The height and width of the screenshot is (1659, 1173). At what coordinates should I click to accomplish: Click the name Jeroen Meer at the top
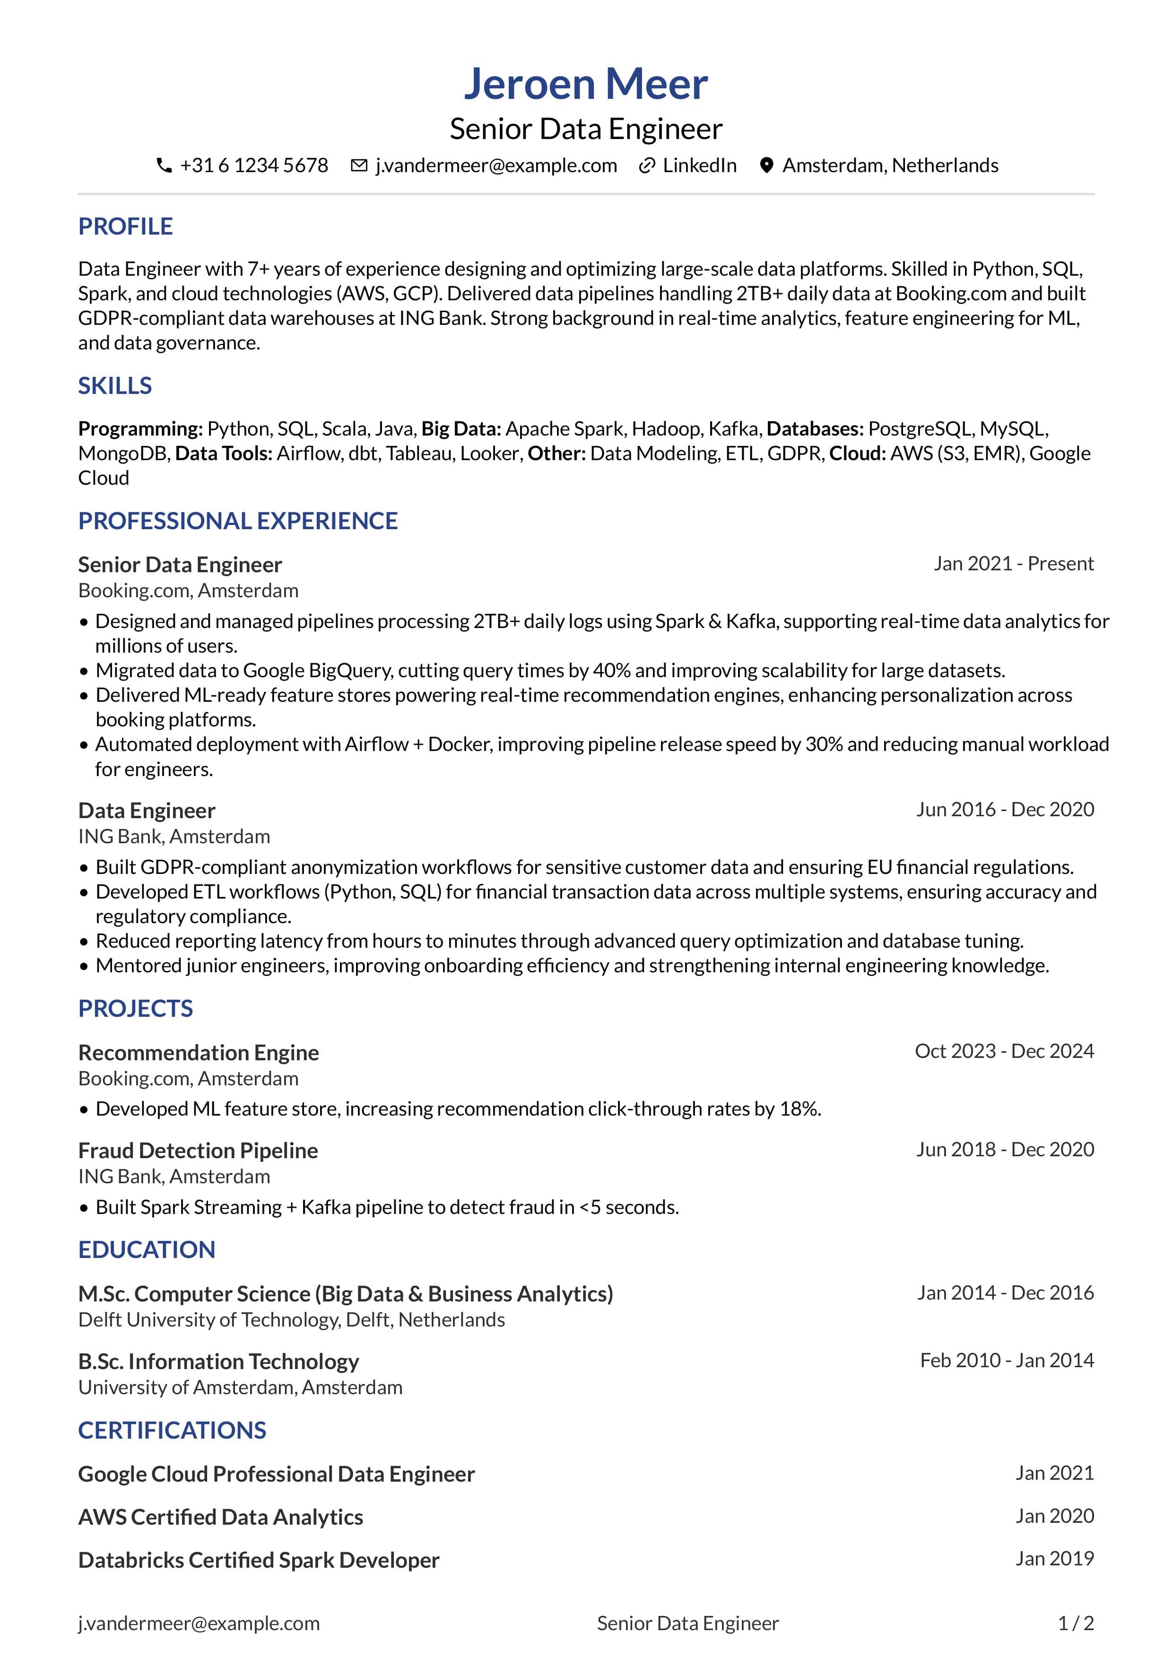click(586, 84)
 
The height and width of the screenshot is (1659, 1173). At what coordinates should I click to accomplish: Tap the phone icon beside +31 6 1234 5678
click(164, 166)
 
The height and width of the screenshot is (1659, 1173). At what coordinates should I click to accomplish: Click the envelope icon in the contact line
click(358, 166)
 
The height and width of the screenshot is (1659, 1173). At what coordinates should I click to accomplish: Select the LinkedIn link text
click(699, 166)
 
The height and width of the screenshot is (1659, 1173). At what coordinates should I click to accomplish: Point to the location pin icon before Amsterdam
click(766, 166)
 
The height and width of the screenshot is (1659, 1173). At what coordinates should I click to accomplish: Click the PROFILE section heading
click(125, 226)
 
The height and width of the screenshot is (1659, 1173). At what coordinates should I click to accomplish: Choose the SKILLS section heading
click(115, 386)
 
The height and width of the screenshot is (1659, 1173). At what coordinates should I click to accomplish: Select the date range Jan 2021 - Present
click(1013, 564)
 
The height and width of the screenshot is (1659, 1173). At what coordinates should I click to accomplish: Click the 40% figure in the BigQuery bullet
click(611, 671)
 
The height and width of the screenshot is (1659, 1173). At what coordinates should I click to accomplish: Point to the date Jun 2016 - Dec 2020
click(1005, 809)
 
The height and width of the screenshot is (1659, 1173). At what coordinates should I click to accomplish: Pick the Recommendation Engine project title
click(198, 1053)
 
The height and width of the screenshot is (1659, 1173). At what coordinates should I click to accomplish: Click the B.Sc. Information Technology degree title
click(218, 1362)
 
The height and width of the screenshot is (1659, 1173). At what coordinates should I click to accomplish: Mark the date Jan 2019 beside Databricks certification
click(1054, 1559)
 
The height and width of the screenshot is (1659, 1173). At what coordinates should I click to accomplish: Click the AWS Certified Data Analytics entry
click(220, 1517)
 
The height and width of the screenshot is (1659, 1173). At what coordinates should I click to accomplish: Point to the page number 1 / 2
click(1076, 1624)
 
